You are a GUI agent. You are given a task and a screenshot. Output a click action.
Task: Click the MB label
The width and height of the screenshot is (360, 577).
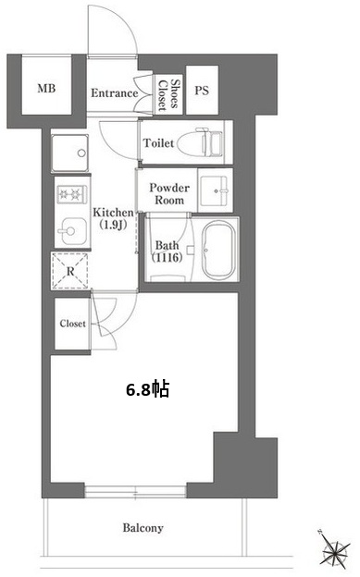tap(46, 89)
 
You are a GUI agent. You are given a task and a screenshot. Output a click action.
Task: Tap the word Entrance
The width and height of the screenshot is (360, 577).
tap(114, 93)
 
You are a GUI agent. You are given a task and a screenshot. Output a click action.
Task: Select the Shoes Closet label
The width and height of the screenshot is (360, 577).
tap(168, 95)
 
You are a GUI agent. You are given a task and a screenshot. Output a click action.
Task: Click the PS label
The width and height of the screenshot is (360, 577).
tap(202, 91)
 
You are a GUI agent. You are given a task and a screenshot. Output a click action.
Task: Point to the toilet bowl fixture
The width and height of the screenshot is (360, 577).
tap(201, 142)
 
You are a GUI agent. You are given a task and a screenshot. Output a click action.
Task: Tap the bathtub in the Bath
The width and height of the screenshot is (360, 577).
tap(219, 251)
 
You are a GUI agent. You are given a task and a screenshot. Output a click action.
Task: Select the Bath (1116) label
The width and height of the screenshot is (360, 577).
tap(167, 252)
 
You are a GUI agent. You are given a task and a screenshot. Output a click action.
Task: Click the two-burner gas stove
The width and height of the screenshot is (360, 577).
tap(72, 194)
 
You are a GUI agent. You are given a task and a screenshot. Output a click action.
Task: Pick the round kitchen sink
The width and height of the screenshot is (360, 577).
tap(73, 231)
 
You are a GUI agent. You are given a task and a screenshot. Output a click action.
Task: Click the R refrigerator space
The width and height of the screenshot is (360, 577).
tap(70, 271)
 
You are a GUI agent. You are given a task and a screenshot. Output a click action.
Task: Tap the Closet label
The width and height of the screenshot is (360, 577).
tap(72, 324)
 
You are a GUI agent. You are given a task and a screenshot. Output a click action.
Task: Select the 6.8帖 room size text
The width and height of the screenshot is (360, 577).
tap(148, 389)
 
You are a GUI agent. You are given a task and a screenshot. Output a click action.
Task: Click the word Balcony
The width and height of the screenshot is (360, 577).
tap(143, 528)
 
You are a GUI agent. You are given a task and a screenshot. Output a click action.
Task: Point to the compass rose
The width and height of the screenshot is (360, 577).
tap(334, 549)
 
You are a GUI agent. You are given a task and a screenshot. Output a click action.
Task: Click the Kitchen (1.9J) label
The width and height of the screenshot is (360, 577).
tap(113, 218)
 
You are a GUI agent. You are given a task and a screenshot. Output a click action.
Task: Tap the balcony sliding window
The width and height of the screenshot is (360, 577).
tap(135, 492)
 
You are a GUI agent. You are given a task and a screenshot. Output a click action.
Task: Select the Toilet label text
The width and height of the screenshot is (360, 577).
tap(158, 142)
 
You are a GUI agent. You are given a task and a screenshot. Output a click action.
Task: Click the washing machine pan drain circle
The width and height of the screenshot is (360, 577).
tap(81, 153)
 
